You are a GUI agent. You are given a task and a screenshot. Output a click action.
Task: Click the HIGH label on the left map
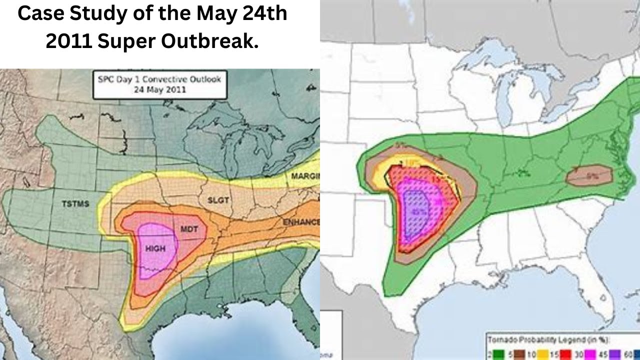coord(155,248)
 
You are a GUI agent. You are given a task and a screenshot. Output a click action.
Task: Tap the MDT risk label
coord(189,229)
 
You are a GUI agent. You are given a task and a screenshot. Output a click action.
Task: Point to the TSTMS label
coord(75,204)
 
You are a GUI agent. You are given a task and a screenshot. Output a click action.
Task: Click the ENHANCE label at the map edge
coord(300,221)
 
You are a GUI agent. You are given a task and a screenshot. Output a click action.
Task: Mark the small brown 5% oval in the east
coord(589,175)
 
